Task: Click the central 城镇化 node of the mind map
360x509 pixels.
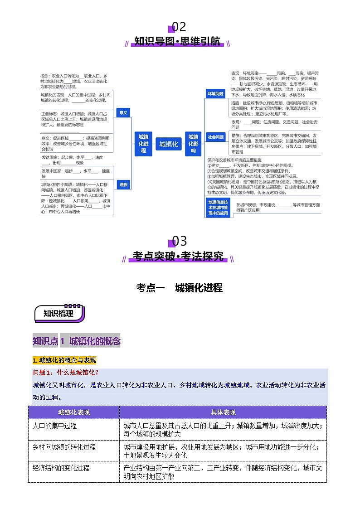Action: click(x=169, y=144)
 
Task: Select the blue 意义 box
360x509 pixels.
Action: click(x=123, y=112)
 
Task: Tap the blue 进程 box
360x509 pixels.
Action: click(x=123, y=184)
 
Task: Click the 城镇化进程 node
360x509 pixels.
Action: click(x=143, y=144)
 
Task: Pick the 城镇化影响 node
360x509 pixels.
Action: click(x=193, y=144)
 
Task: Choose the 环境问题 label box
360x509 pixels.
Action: click(x=216, y=94)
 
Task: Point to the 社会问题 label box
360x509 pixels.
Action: click(x=216, y=136)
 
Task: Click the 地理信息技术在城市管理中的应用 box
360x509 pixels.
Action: click(x=218, y=207)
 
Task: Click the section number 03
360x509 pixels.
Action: click(x=179, y=241)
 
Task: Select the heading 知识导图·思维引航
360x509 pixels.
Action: click(x=177, y=42)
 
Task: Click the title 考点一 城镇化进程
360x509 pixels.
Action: click(x=180, y=287)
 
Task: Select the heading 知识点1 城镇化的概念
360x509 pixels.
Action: click(x=77, y=341)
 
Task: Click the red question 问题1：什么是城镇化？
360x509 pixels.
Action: click(x=66, y=373)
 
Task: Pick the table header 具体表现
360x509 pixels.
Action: click(x=223, y=412)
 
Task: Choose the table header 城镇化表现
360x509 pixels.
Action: click(x=74, y=412)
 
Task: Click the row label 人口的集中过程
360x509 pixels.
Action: click(x=55, y=426)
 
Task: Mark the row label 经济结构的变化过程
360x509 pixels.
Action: click(x=61, y=467)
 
